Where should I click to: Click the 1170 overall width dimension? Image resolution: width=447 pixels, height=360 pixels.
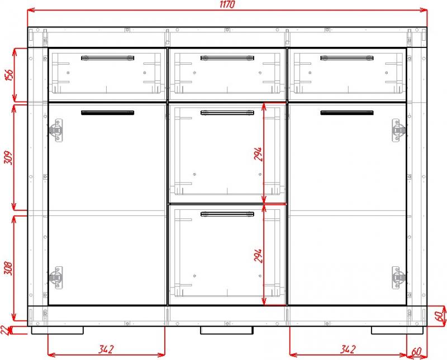227,4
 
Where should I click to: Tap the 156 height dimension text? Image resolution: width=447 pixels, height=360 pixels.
9,75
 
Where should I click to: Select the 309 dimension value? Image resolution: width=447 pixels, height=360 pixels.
8,157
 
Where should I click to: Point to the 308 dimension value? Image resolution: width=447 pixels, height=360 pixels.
8,268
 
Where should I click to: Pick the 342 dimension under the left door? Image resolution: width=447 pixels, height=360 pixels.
106,349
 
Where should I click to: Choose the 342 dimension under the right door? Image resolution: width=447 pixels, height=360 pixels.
348,349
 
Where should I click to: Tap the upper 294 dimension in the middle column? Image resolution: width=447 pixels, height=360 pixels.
258,154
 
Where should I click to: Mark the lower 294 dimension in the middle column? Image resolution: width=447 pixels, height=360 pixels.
258,256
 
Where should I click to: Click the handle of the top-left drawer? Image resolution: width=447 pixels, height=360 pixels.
108,58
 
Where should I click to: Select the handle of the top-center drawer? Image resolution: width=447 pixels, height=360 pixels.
227,58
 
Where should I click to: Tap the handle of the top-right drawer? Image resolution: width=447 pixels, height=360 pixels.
347,58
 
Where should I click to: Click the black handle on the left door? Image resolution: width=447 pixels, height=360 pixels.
108,113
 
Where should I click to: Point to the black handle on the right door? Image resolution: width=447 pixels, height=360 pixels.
347,113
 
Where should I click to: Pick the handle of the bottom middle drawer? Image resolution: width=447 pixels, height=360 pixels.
227,214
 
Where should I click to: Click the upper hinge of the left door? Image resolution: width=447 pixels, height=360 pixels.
56,131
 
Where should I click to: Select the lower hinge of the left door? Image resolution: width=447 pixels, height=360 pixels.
56,278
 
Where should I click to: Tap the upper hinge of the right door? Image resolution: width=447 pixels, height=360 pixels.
399,131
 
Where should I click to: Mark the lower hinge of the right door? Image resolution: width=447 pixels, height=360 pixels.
399,278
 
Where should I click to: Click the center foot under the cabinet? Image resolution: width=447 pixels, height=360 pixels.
227,330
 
